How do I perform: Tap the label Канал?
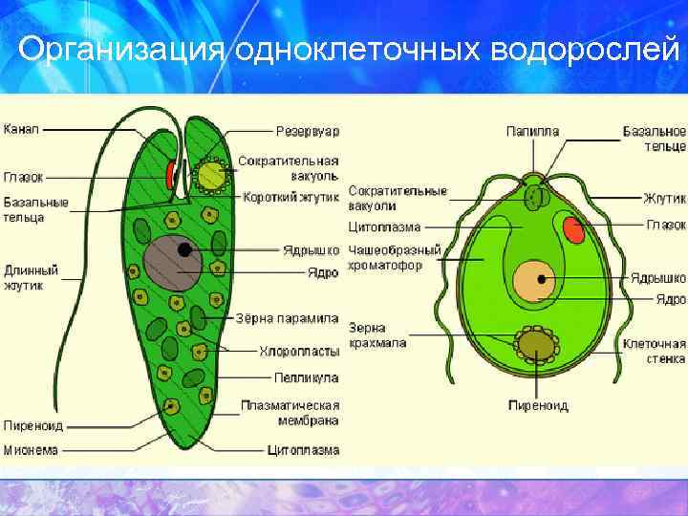click(21, 128)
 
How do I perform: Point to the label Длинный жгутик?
click(31, 277)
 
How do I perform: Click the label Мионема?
click(31, 448)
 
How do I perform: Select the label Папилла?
click(532, 131)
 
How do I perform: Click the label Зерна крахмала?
click(377, 334)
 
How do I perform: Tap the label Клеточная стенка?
click(655, 351)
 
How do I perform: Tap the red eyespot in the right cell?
click(573, 229)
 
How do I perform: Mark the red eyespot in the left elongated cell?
click(170, 175)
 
